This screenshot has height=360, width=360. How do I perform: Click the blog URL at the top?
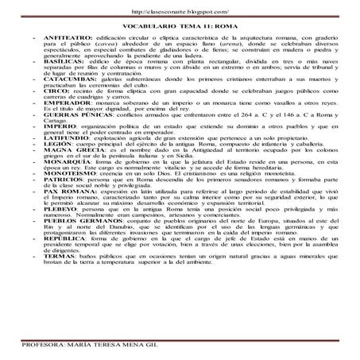coord(179,12)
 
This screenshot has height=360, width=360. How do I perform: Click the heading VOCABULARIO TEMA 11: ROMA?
coord(180,26)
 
